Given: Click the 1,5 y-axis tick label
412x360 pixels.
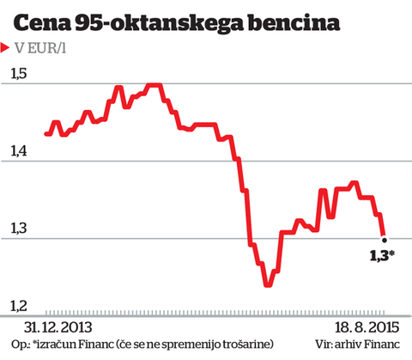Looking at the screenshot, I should click(20, 75).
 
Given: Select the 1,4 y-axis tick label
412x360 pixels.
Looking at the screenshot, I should click(20, 152).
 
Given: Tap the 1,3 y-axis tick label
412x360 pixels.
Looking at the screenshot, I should click(20, 229).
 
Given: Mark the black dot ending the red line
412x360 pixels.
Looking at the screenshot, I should click(385, 240).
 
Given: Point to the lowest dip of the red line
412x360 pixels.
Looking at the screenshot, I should click(269, 284).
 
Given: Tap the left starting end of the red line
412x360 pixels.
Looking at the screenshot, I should click(45, 134).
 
